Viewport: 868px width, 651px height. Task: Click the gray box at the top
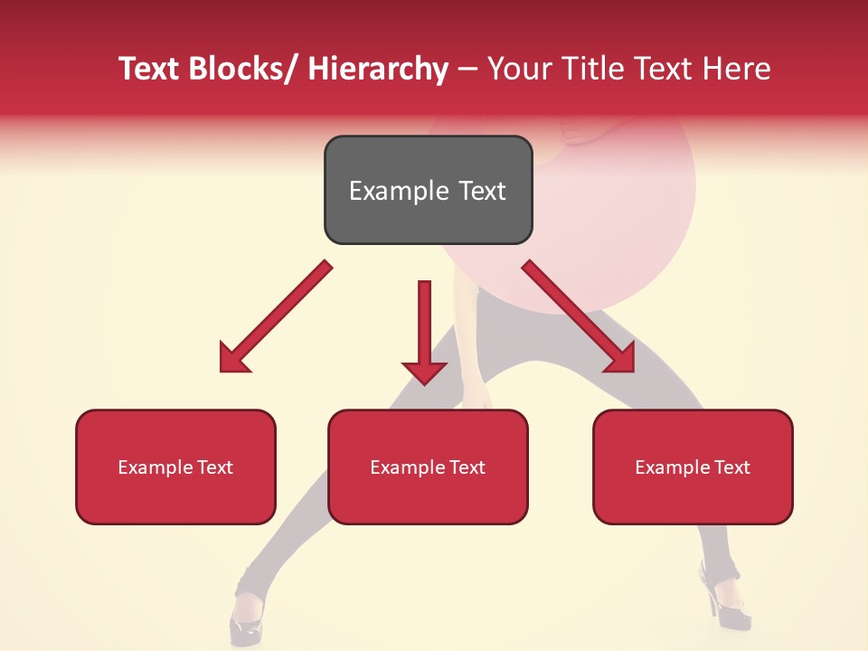pyautogui.click(x=428, y=190)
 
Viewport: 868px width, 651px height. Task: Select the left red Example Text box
pyautogui.click(x=175, y=467)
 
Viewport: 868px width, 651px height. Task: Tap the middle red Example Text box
pyautogui.click(x=428, y=467)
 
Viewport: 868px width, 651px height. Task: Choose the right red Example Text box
pyautogui.click(x=693, y=467)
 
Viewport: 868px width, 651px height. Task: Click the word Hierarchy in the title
pyautogui.click(x=378, y=69)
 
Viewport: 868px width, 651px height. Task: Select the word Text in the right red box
pyautogui.click(x=731, y=467)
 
